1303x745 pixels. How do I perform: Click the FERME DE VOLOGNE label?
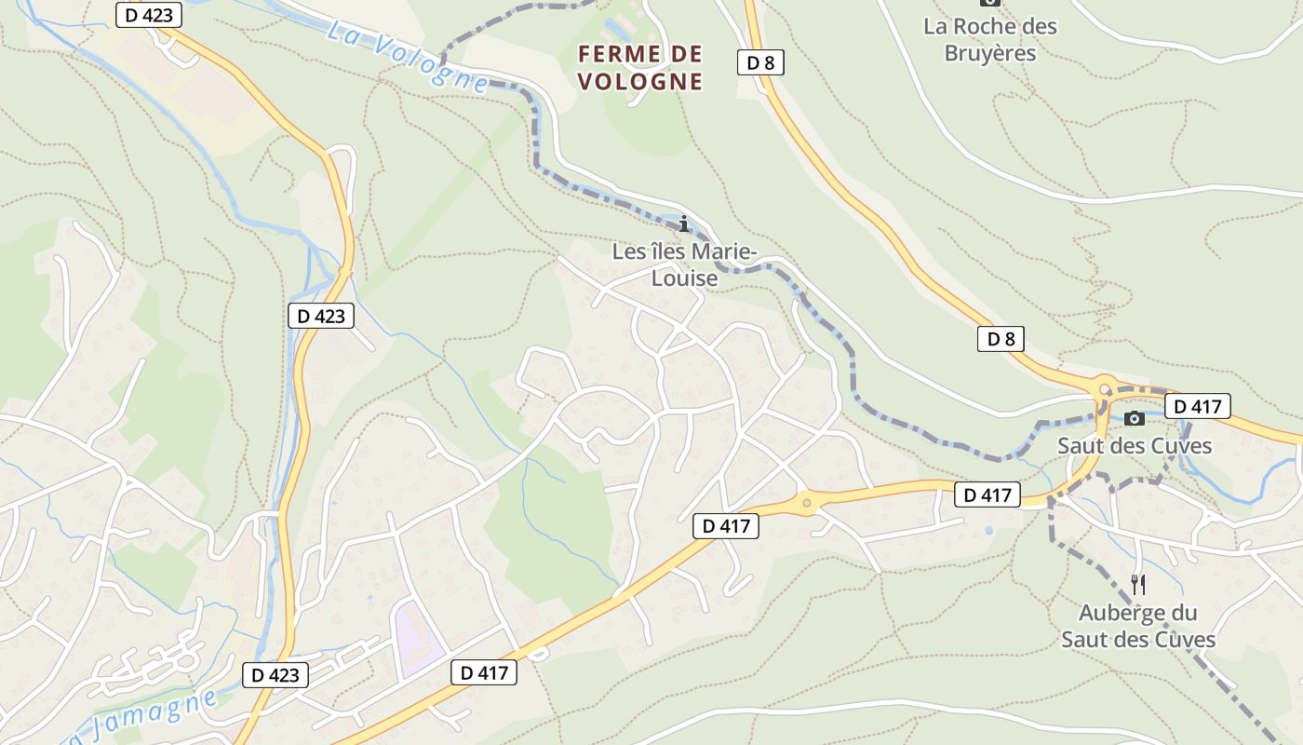[640, 68]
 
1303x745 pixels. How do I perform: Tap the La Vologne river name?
[407, 55]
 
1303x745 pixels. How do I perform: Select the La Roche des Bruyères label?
[990, 39]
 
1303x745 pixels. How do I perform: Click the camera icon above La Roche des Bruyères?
[990, 3]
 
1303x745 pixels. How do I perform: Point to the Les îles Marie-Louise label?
[685, 264]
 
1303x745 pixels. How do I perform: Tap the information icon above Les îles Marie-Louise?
[685, 223]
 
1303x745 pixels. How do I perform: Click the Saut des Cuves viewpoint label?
[1135, 446]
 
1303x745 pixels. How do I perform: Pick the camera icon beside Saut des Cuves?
[1134, 419]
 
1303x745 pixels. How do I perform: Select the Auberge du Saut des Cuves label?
[1138, 626]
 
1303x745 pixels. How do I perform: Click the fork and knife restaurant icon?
[1138, 585]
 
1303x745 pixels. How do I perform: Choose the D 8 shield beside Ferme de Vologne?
[760, 62]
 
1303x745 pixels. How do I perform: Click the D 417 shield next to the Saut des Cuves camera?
[1197, 406]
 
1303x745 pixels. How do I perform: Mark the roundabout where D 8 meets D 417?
[1105, 389]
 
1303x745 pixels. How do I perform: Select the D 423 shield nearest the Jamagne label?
[275, 675]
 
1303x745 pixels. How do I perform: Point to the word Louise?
[685, 278]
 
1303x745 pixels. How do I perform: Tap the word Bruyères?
[990, 52]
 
